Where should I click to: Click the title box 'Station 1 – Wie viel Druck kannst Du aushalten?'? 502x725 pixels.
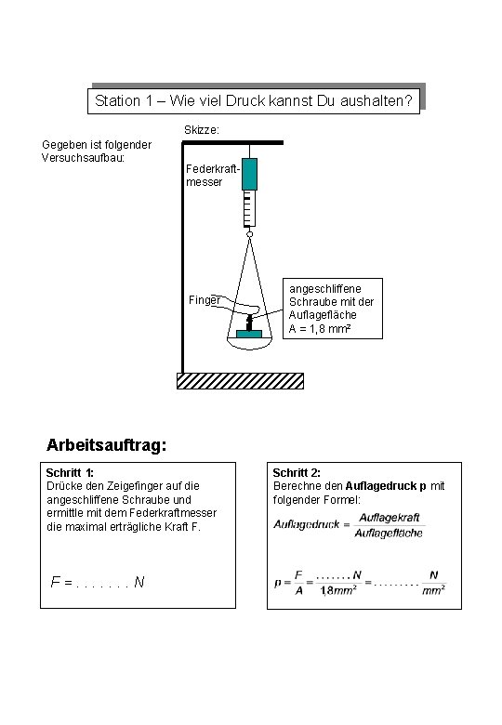tap(253, 100)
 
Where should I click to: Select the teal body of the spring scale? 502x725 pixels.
tap(248, 174)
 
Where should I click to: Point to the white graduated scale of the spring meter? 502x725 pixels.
tap(248, 209)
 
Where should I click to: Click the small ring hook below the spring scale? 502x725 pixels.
tap(248, 234)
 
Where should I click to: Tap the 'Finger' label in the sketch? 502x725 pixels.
tap(204, 300)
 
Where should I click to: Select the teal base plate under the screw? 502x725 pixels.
tap(249, 332)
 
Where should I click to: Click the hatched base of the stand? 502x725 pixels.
tap(240, 380)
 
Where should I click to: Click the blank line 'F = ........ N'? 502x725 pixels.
tap(97, 582)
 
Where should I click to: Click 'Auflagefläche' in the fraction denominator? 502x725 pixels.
tap(390, 533)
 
